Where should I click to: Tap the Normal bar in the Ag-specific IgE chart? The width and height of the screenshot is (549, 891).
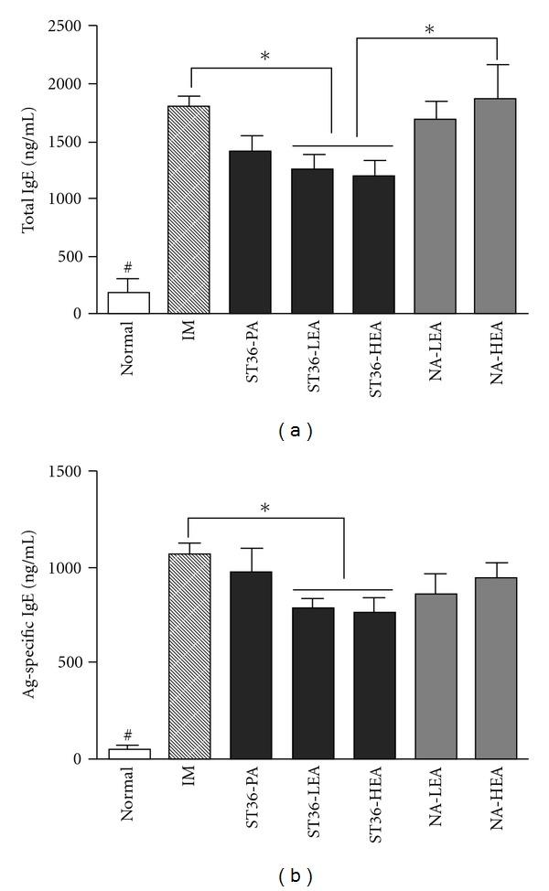pyautogui.click(x=129, y=753)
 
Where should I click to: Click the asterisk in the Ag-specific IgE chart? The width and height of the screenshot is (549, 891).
pyautogui.click(x=264, y=508)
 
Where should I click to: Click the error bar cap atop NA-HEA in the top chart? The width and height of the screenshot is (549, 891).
pyautogui.click(x=495, y=64)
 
